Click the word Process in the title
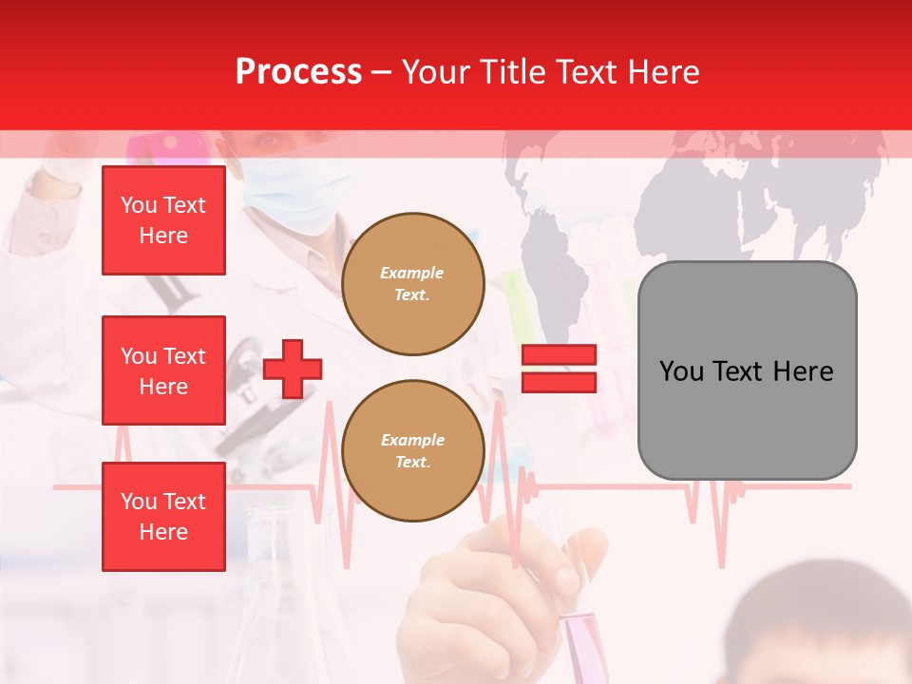click(x=298, y=72)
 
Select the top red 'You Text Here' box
click(x=163, y=220)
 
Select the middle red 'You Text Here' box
click(x=163, y=370)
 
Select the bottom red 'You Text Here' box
click(x=163, y=516)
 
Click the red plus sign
click(x=292, y=369)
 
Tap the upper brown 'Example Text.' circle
click(x=412, y=284)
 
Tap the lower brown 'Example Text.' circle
click(x=412, y=451)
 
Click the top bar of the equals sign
click(x=559, y=354)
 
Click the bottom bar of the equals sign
click(x=559, y=382)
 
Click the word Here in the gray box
click(x=803, y=370)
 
